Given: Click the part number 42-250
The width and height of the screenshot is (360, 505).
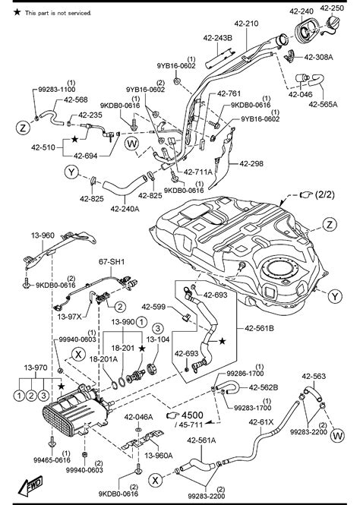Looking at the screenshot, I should pos(331,8).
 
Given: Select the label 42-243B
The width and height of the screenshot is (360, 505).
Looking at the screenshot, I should pos(218,37).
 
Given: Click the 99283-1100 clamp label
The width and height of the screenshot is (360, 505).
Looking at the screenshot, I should pos(52,89).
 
